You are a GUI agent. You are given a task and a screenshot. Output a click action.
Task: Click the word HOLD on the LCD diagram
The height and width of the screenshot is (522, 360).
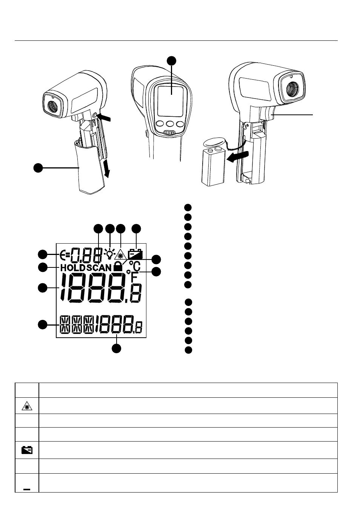pos(73,268)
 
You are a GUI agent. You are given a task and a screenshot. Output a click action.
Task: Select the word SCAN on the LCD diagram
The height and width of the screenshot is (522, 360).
pos(99,268)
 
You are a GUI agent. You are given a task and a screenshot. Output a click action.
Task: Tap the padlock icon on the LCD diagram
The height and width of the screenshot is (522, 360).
pos(118,266)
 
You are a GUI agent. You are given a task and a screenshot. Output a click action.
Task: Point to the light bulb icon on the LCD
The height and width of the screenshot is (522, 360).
pos(109,254)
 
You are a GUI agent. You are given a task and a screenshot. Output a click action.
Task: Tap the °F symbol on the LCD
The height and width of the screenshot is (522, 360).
pos(132,276)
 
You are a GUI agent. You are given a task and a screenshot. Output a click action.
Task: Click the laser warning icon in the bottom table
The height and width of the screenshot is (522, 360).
pos(27,407)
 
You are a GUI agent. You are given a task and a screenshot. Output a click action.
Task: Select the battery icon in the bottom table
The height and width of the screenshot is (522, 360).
pos(27,450)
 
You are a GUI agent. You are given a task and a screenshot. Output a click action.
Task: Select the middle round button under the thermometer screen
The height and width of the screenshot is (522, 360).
pos(170,124)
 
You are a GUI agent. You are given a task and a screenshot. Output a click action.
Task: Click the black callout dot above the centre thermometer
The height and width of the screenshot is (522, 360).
pos(172,60)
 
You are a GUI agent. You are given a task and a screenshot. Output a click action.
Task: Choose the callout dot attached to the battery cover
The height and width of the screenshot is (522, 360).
pos(38,168)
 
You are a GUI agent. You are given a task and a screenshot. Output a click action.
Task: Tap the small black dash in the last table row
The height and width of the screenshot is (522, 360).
pos(27,490)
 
